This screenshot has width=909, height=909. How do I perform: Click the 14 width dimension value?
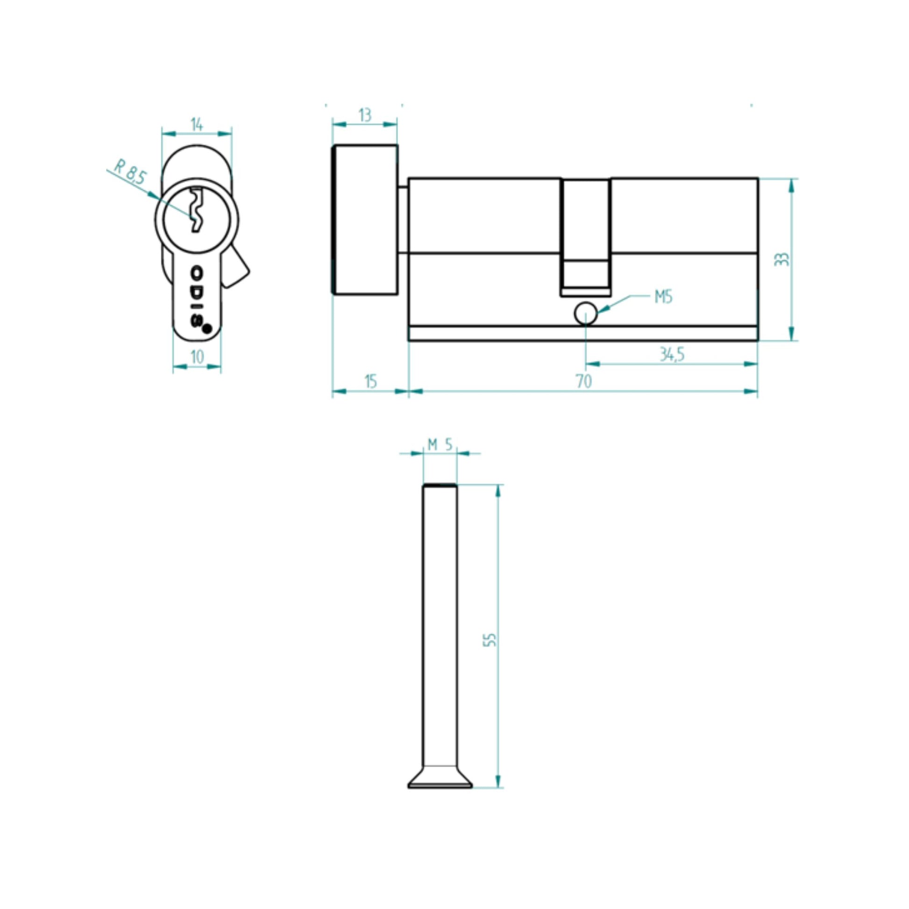point(197,124)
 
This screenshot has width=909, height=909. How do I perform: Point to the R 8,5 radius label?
point(130,172)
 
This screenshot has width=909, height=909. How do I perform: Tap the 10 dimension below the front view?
point(197,356)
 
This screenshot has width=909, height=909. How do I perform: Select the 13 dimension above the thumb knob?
point(365,115)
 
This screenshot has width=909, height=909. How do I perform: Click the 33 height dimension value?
point(782,259)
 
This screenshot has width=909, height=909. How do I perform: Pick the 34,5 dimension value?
point(671,354)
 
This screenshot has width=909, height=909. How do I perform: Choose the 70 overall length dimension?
point(584,381)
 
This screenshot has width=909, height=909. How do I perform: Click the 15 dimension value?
point(371,381)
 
